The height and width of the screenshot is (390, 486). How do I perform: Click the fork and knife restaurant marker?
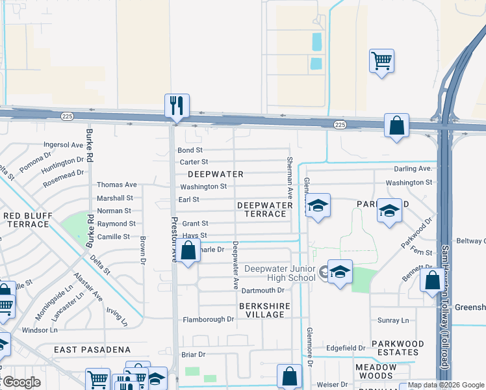click(x=177, y=106)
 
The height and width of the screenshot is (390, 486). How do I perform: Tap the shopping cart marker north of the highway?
click(x=381, y=62)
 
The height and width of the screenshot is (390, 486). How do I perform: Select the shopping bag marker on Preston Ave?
click(x=188, y=251)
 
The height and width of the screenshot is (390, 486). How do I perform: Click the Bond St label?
click(x=190, y=150)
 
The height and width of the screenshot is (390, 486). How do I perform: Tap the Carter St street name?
click(x=194, y=162)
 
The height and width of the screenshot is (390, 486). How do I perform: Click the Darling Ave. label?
click(x=413, y=169)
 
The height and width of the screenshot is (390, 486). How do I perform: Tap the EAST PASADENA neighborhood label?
click(x=92, y=350)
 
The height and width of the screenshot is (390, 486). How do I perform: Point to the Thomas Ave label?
click(x=117, y=185)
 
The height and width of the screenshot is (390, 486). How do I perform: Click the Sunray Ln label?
click(x=394, y=320)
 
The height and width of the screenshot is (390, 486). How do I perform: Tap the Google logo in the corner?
click(x=21, y=382)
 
